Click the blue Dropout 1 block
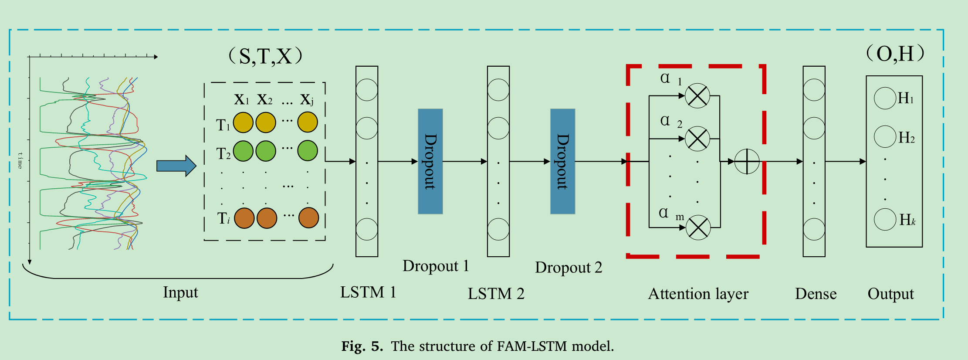(x=430, y=161)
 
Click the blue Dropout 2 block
(x=562, y=161)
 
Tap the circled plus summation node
(x=747, y=161)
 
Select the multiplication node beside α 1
(x=697, y=95)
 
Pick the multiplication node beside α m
(x=698, y=228)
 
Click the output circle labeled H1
(x=885, y=98)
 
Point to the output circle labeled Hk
(x=885, y=219)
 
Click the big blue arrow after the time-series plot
(x=176, y=166)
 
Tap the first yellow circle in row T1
(x=243, y=122)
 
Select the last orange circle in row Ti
(x=308, y=218)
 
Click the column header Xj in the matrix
(x=307, y=100)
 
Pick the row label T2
(x=223, y=153)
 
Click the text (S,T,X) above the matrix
(x=265, y=56)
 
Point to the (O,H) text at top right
(x=895, y=54)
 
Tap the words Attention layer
(x=698, y=294)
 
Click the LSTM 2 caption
(x=496, y=294)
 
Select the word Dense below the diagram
(x=816, y=294)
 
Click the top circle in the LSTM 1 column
(x=367, y=90)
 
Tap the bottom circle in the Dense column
(x=814, y=229)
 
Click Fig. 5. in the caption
(x=362, y=346)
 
